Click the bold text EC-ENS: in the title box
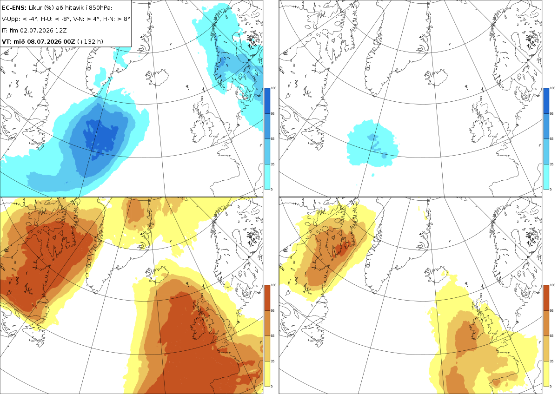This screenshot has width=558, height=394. click(14, 8)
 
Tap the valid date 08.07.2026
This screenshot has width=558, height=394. click(44, 41)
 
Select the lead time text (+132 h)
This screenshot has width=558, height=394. click(90, 41)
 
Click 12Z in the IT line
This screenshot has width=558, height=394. click(61, 30)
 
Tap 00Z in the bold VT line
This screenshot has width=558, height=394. click(69, 41)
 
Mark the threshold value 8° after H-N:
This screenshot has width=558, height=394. click(127, 19)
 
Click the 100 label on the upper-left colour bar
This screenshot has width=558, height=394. click(273, 88)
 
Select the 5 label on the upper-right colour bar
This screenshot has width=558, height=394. click(551, 189)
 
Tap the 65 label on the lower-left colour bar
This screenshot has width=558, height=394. click(272, 336)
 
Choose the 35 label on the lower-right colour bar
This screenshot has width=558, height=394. click(551, 361)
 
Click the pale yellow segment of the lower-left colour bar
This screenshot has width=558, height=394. click(267, 374)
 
